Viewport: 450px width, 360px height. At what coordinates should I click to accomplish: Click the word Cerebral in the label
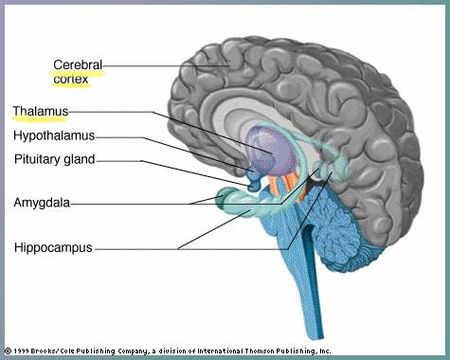click(78, 65)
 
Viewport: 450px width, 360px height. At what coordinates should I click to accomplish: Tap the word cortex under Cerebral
click(71, 79)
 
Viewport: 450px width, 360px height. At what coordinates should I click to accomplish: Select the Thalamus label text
click(41, 111)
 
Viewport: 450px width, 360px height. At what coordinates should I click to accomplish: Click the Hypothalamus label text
click(54, 135)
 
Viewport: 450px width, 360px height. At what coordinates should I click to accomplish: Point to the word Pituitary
click(37, 159)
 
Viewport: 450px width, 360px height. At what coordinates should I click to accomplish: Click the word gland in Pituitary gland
click(80, 159)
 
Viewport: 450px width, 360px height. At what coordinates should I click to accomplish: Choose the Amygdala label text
click(42, 203)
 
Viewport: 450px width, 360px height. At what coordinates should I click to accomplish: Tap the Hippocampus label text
click(53, 247)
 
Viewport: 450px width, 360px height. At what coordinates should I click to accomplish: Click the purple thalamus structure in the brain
click(271, 152)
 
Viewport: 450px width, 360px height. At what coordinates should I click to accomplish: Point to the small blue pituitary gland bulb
click(254, 187)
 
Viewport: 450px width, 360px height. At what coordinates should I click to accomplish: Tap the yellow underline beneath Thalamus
click(40, 119)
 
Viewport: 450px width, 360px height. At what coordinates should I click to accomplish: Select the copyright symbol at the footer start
click(9, 351)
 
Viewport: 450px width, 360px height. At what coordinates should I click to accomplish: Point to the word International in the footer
click(221, 351)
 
